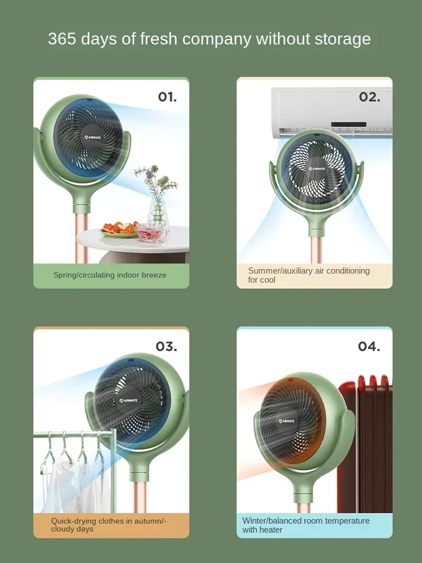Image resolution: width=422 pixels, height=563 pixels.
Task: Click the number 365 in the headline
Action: pos(64,39)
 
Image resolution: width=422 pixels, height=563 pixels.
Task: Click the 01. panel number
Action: pos(167,97)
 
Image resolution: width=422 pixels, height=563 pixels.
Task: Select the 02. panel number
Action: pos(369,97)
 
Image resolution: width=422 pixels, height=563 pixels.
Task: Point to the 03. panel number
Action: pos(166,346)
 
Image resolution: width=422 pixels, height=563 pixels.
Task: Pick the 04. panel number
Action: pos(369,346)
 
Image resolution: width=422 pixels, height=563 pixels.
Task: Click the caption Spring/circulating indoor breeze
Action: pos(110,275)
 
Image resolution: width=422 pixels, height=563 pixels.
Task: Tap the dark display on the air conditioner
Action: pos(348,124)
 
